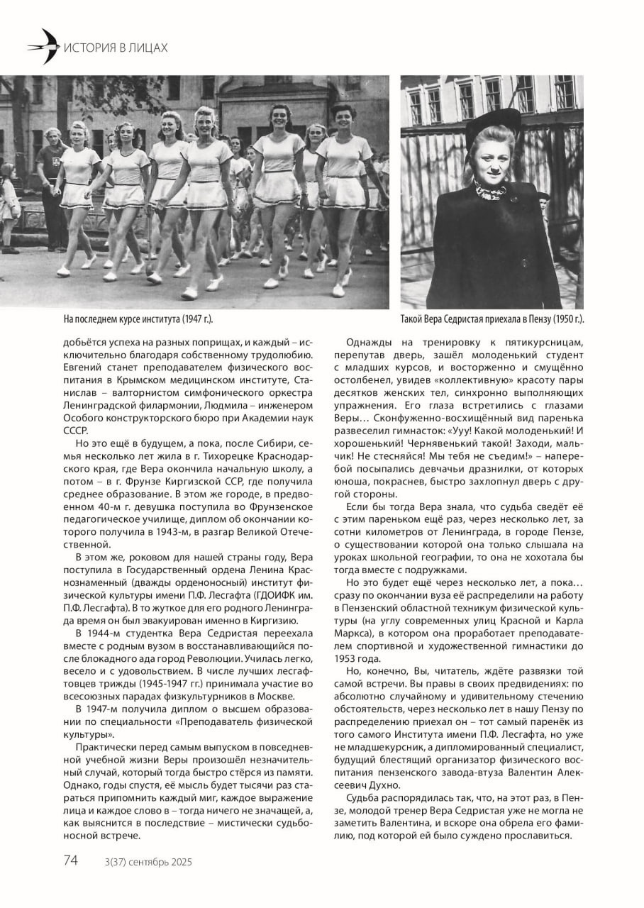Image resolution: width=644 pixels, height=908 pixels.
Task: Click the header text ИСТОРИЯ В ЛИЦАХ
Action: pos(116,48)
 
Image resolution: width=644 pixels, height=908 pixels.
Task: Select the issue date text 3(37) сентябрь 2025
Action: pos(148,862)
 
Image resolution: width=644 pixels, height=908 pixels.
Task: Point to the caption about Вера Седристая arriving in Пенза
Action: pos(496,319)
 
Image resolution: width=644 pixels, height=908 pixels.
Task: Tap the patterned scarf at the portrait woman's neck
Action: pos(492,191)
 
